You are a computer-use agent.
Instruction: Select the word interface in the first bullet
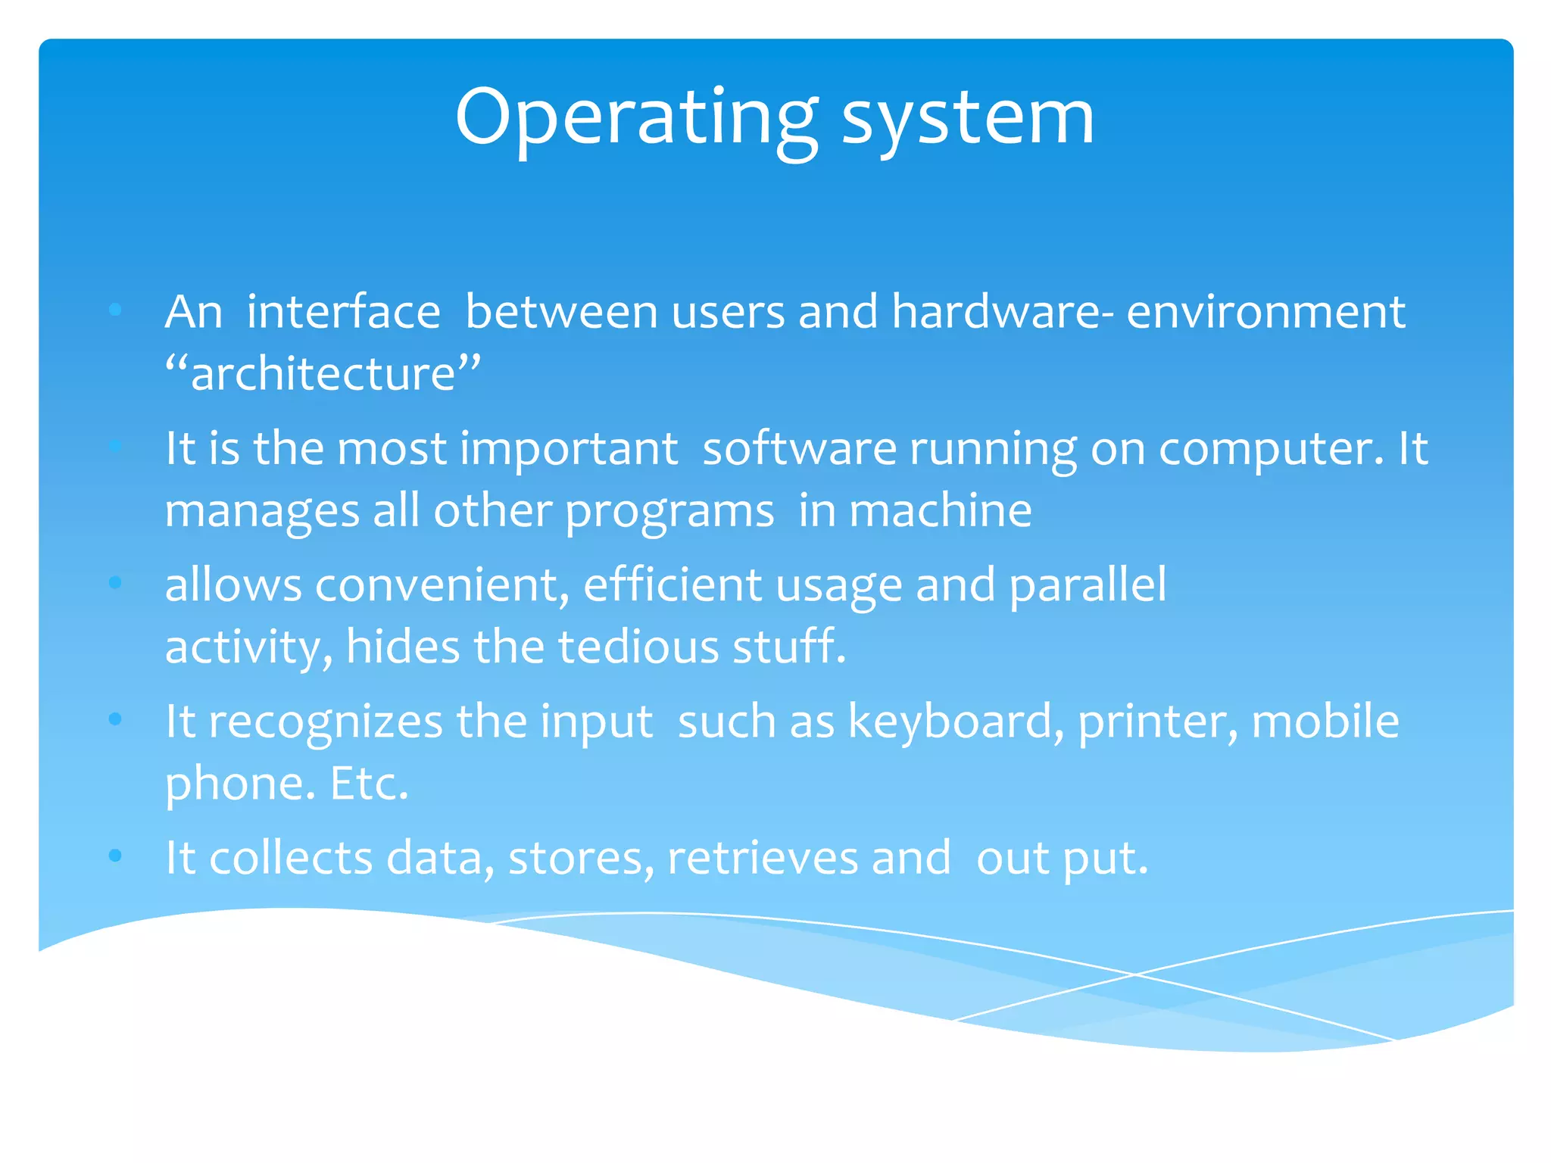[343, 312]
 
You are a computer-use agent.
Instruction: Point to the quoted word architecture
[323, 374]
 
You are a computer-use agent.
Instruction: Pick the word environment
[1265, 312]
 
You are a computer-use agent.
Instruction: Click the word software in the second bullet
[800, 448]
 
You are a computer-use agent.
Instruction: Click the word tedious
[638, 647]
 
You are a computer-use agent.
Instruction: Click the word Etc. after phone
[369, 784]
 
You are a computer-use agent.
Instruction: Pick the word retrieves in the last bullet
[762, 858]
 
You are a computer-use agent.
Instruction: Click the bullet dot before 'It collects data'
[115, 856]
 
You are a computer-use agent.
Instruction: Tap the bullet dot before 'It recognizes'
[115, 719]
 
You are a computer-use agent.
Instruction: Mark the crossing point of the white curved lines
[1134, 974]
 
